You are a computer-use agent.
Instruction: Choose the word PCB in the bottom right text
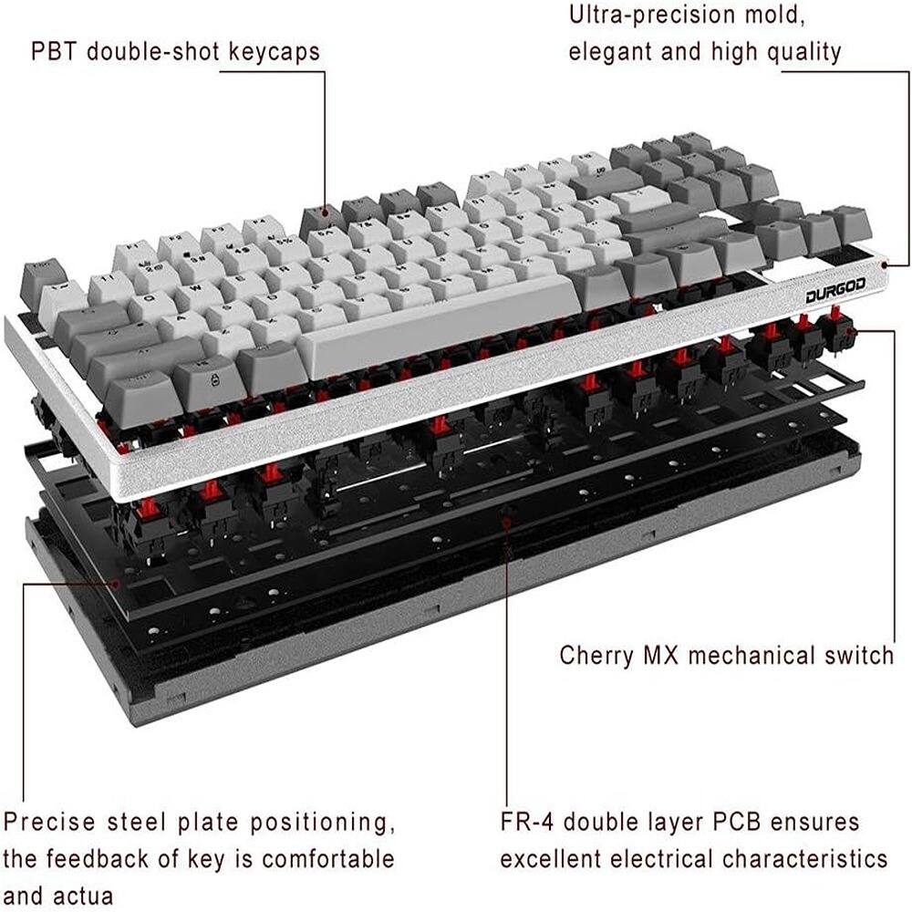click(x=725, y=822)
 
